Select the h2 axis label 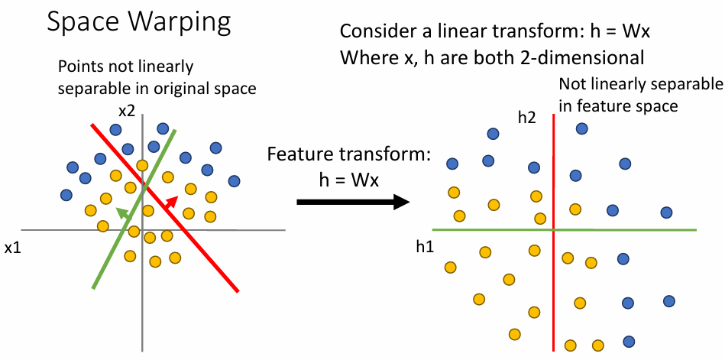click(x=526, y=118)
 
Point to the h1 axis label click(x=425, y=247)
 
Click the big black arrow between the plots click(x=354, y=202)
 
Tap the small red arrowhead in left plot click(x=173, y=201)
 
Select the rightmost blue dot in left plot click(x=235, y=181)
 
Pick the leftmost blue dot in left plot click(x=66, y=195)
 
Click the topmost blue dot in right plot click(x=581, y=128)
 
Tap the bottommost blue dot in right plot click(x=629, y=342)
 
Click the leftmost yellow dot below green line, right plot click(x=450, y=267)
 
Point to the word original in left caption click(x=180, y=89)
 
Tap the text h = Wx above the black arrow click(x=348, y=180)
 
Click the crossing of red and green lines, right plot click(x=553, y=229)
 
